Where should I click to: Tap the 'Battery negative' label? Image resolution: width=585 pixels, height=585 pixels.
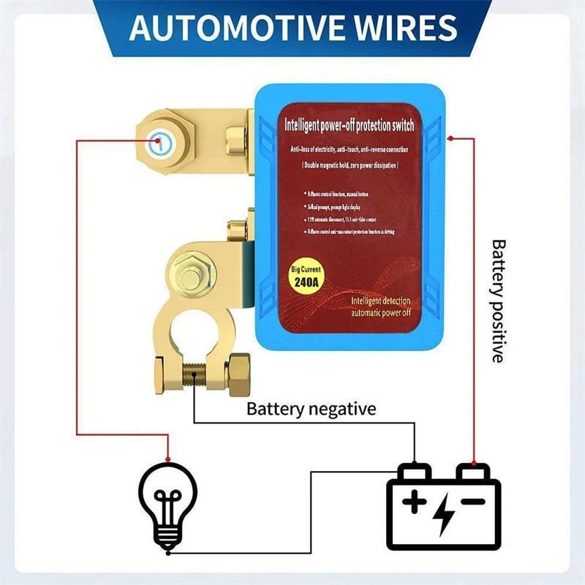[311, 408]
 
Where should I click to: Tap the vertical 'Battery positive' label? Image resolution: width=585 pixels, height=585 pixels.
[498, 301]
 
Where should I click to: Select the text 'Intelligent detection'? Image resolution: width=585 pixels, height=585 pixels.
[380, 301]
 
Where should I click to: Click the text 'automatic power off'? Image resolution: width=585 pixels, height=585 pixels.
[380, 313]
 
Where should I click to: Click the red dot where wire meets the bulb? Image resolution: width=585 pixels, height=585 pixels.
[168, 459]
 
